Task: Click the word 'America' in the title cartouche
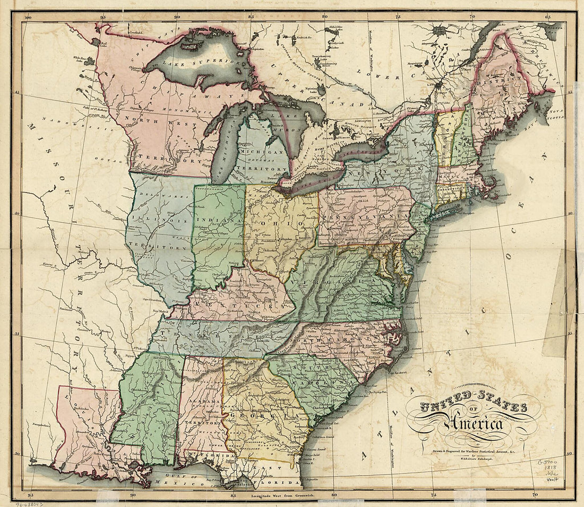[470, 425]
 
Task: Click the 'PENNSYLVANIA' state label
[366, 217]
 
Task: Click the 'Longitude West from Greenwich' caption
[284, 495]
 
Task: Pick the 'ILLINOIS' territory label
[159, 221]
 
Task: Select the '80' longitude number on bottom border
[334, 495]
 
